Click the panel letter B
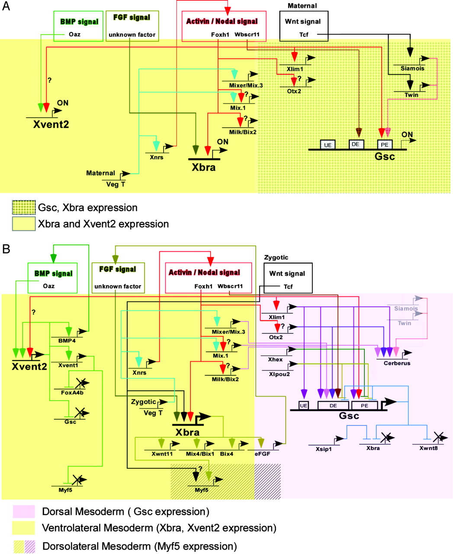point(6,249)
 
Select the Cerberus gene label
point(397,363)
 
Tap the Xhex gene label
point(275,359)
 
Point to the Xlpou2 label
point(279,374)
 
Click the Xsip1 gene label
point(324,449)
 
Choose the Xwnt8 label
point(428,448)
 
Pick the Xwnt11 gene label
point(162,454)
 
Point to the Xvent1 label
point(68,365)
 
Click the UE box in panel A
point(328,145)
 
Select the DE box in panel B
point(333,406)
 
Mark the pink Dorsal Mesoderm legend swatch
point(24,512)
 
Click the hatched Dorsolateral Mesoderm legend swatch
point(24,546)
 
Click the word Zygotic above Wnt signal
point(276,257)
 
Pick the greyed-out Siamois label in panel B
point(406,309)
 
